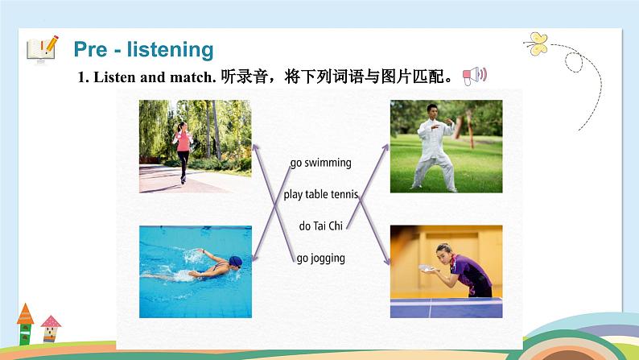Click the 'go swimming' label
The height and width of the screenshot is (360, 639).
[321, 163]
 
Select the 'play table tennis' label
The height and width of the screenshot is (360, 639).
[321, 194]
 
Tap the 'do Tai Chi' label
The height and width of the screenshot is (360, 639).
[321, 226]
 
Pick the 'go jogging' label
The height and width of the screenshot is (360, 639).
[321, 258]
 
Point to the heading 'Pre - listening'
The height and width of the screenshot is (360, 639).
[143, 49]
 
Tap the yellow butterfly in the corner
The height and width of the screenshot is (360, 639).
[535, 42]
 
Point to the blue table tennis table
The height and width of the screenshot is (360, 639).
[446, 307]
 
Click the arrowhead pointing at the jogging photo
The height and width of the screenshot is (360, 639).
[256, 147]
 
